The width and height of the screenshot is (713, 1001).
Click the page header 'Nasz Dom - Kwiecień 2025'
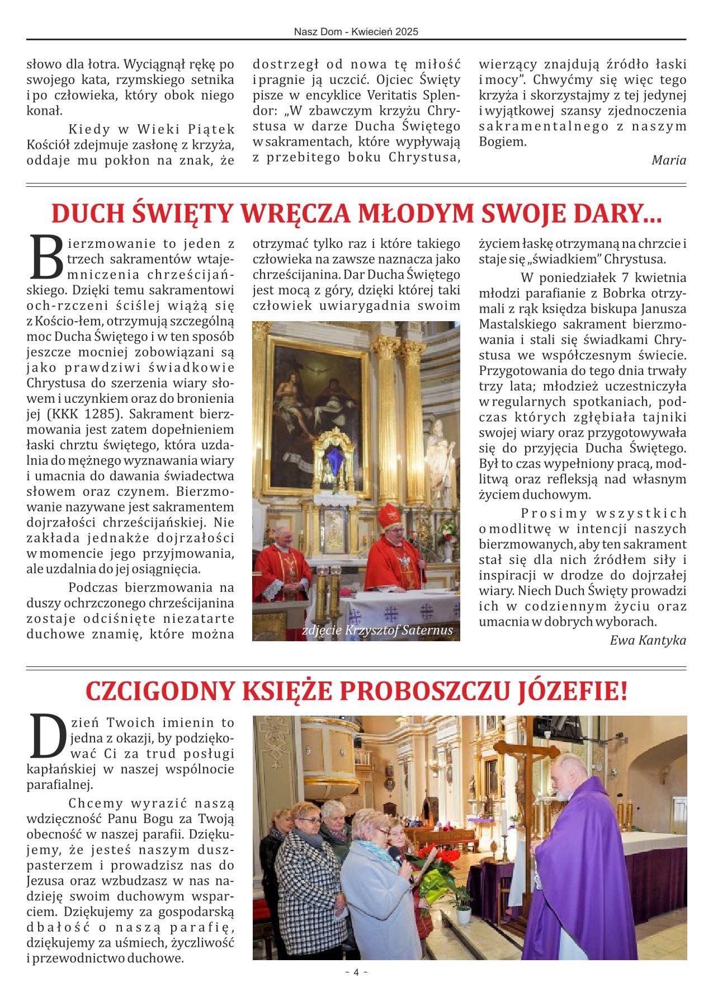[x=356, y=32]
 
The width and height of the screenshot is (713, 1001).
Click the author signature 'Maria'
[x=669, y=160]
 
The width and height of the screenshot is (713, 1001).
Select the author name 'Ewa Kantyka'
[x=648, y=640]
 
